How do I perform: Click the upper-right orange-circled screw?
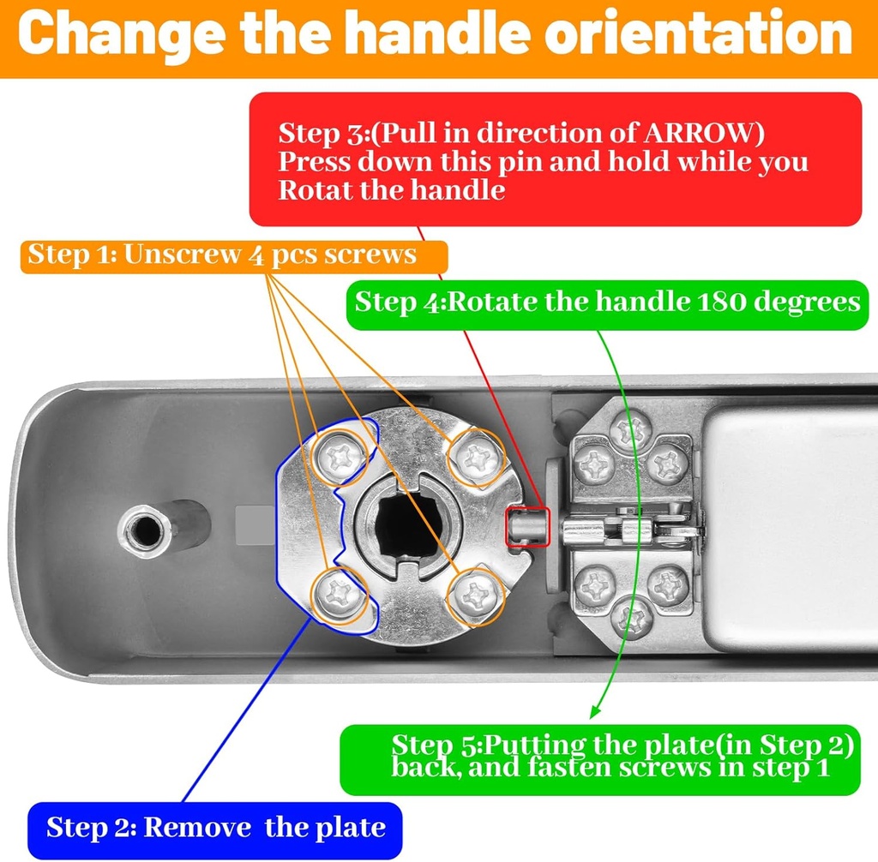(x=476, y=458)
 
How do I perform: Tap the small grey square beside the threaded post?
(x=250, y=524)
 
